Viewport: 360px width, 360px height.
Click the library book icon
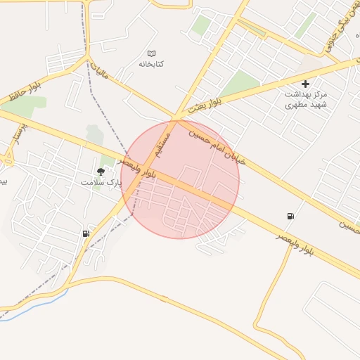coord(151,53)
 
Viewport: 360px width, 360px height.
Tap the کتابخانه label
coord(151,64)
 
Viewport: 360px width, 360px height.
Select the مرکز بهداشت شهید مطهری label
coord(306,98)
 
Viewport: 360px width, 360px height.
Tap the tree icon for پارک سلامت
coord(101,171)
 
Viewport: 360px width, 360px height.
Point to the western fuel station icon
coord(86,233)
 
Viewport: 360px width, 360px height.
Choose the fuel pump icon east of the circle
coord(290,216)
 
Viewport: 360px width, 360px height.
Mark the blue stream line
coord(35,303)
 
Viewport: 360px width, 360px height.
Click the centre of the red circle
coord(180,179)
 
